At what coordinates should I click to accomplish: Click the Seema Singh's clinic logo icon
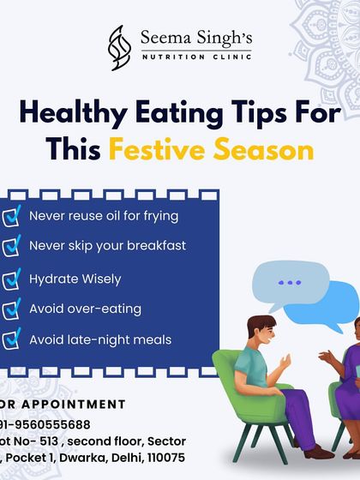(119, 47)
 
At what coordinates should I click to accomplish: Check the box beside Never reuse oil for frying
(11, 215)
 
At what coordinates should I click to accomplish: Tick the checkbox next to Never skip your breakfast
(11, 247)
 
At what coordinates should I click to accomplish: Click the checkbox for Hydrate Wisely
(11, 279)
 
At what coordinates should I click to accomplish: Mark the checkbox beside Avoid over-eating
(11, 309)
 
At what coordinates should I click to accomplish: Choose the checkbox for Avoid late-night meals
(11, 340)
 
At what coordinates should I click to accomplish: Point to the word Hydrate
(52, 279)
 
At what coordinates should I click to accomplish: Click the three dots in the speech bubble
(290, 282)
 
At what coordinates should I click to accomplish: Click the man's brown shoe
(319, 451)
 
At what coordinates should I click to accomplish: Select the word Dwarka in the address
(100, 458)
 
